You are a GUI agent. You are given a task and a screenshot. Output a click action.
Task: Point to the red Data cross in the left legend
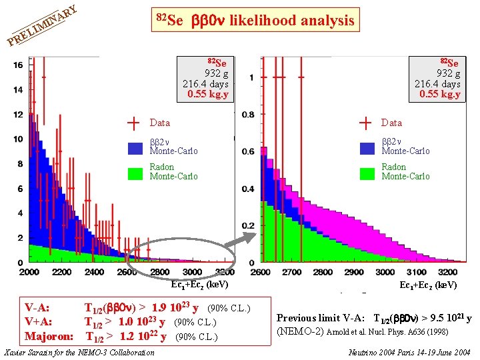(135, 123)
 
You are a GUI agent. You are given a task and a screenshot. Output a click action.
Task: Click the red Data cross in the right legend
(366, 123)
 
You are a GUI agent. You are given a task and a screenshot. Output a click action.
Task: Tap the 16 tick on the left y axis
(18, 65)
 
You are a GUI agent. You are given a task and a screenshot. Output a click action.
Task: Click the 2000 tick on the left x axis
(29, 273)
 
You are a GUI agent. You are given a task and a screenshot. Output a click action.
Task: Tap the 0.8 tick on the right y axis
(247, 115)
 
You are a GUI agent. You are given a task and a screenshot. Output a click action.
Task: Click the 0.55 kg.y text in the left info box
(207, 95)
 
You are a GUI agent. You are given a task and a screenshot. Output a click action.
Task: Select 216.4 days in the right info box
(437, 84)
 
